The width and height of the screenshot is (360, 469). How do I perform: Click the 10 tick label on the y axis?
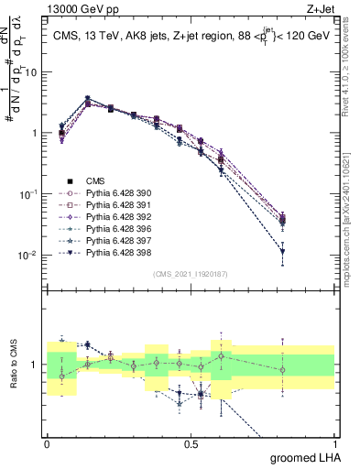click(29, 71)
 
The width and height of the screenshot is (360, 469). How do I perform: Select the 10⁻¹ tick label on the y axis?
click(27, 193)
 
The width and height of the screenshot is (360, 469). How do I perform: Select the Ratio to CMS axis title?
click(13, 365)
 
